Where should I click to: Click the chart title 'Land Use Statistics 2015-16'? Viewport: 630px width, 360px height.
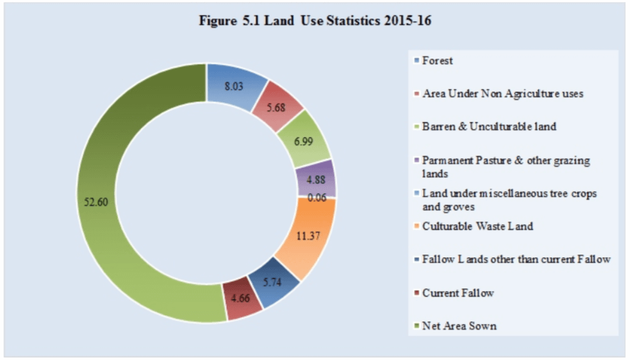pos(315,21)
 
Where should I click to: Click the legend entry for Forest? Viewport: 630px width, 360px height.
pos(437,61)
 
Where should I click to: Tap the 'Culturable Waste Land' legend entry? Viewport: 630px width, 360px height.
pos(478,226)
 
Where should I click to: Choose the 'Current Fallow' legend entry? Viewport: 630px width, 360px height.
pos(457,293)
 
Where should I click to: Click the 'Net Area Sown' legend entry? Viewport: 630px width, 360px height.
pos(458,326)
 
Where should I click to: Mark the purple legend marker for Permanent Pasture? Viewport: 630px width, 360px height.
pos(415,161)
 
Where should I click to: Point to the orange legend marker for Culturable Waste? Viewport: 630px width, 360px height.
pos(415,226)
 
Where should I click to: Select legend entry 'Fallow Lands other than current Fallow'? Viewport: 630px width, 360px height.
pos(516,259)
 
